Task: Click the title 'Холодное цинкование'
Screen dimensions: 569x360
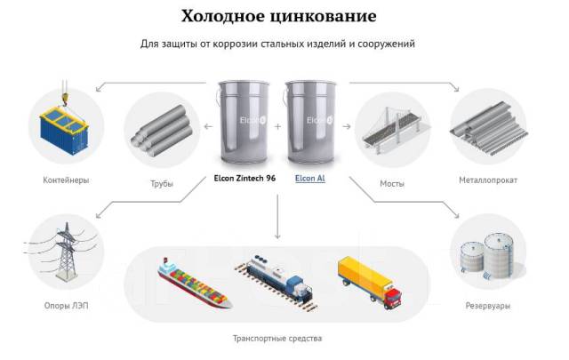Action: tap(278, 16)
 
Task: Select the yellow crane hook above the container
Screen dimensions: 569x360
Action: tap(65, 98)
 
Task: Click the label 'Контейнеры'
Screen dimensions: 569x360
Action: tap(66, 180)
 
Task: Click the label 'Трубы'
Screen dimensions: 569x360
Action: tap(162, 184)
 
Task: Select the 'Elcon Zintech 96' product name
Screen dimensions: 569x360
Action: tap(244, 178)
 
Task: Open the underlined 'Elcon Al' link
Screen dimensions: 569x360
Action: tap(310, 178)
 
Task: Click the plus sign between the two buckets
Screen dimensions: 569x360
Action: tap(277, 126)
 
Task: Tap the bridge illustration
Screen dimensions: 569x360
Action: tap(392, 129)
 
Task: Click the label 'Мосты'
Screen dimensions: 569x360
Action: tap(392, 184)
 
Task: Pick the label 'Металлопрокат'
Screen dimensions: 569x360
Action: tap(488, 180)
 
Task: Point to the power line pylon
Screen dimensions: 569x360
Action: tap(66, 252)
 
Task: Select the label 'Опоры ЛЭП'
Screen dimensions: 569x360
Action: tap(66, 306)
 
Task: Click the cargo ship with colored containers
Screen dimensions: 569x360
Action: tap(194, 284)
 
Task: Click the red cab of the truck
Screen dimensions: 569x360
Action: tap(393, 297)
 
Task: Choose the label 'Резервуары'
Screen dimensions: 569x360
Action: tap(488, 306)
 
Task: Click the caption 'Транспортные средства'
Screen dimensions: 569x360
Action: tap(277, 339)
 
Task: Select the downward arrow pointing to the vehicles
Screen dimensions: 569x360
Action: tap(277, 217)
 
